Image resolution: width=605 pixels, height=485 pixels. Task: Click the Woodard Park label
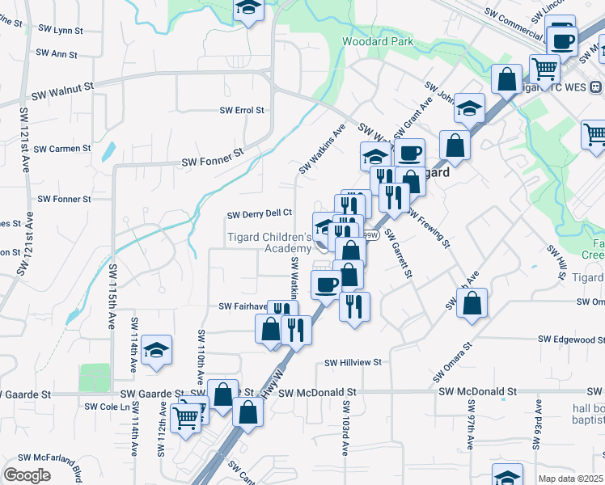[x=378, y=41]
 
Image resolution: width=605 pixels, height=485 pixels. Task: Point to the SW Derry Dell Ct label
[x=259, y=214]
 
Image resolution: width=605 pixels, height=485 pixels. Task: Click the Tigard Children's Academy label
[x=269, y=242]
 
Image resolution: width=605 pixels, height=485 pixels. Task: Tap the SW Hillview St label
[x=353, y=364]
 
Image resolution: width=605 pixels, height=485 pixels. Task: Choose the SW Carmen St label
[x=64, y=149]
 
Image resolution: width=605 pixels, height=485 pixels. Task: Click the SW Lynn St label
[x=61, y=28]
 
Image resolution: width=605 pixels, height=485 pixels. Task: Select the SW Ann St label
[x=57, y=55]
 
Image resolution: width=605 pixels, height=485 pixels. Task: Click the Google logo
[x=26, y=475]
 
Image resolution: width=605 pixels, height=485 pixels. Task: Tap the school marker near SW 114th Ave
[x=156, y=351]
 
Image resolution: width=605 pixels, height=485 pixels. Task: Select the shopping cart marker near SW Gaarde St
[x=187, y=418]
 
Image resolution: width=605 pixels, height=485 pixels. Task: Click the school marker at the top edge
[x=248, y=9]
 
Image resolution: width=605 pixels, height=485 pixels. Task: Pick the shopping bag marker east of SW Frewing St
[x=473, y=303]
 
